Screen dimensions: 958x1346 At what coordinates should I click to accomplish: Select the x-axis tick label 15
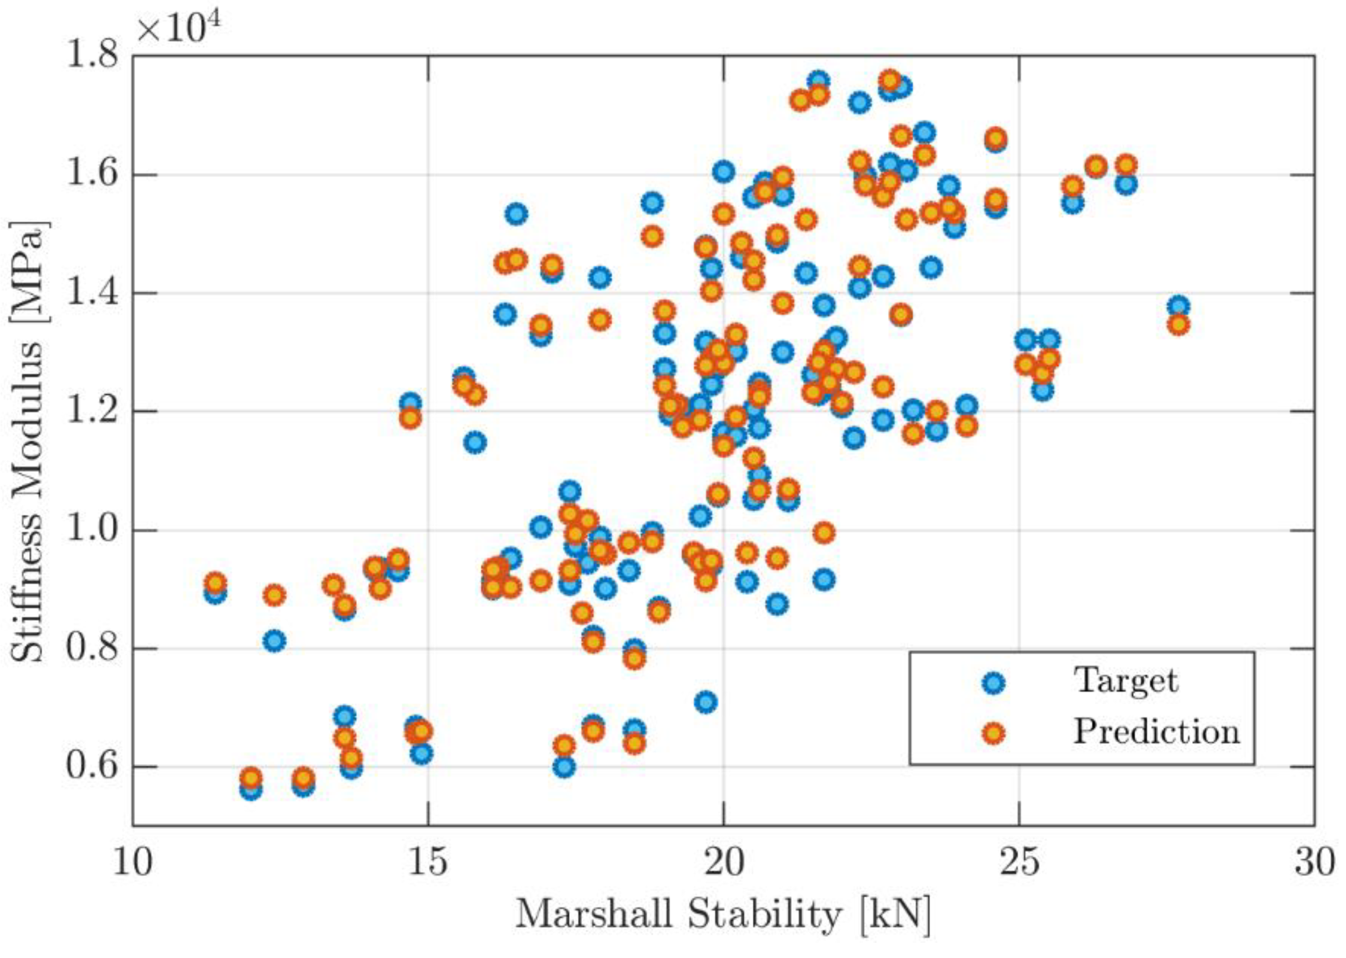click(428, 863)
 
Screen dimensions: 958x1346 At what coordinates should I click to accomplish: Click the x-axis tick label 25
click(1019, 863)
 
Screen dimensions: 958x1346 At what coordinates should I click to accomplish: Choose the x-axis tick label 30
click(1314, 863)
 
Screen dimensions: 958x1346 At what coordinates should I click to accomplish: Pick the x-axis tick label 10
click(133, 863)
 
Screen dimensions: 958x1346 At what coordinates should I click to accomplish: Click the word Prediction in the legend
click(1156, 732)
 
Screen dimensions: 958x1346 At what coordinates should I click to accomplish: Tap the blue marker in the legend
click(994, 683)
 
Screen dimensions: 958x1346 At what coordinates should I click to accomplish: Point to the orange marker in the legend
click(994, 733)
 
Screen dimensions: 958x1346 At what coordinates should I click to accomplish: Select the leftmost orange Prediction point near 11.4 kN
click(216, 583)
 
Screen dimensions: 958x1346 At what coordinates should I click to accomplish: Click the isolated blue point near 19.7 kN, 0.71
click(705, 702)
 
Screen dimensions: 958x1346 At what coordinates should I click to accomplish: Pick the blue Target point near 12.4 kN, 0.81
click(275, 640)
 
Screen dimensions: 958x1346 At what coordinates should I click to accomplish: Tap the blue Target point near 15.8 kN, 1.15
click(476, 442)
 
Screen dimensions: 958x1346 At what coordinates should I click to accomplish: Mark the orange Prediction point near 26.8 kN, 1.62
click(1126, 165)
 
